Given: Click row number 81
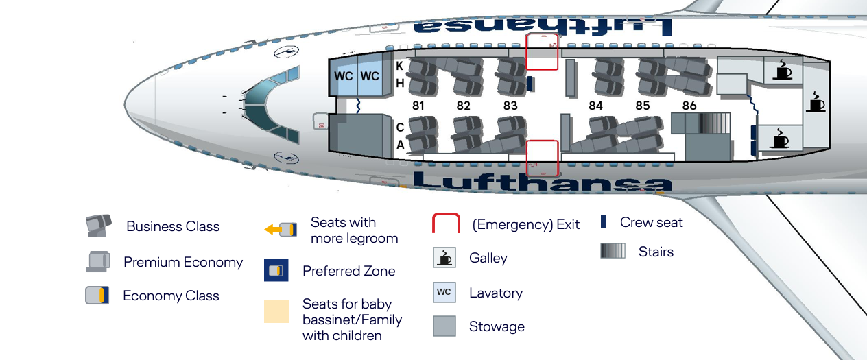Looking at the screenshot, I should (x=418, y=106).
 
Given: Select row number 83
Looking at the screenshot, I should (x=510, y=106).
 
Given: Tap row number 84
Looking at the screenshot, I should (x=595, y=106).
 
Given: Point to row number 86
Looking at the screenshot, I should (x=689, y=106).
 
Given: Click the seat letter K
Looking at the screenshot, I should (x=400, y=67).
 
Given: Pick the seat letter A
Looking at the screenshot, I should (x=400, y=145).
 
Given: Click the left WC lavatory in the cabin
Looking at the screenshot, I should (x=344, y=75).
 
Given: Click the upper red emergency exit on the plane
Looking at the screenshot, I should (x=542, y=51).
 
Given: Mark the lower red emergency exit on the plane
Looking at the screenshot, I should (x=543, y=158).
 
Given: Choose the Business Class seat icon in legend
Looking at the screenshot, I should (x=97, y=226).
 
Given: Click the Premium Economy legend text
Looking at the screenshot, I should (x=183, y=262).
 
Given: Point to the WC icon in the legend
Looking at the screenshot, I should (x=444, y=292).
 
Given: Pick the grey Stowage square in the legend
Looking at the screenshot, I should (x=444, y=326).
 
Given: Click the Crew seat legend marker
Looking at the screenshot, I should (x=604, y=221).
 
